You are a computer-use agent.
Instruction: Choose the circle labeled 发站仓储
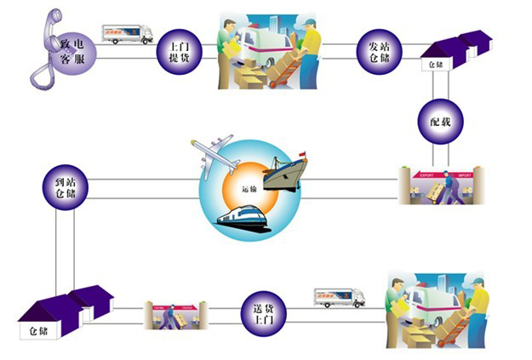pyautogui.click(x=379, y=52)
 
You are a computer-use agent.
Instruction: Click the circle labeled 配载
pyautogui.click(x=440, y=122)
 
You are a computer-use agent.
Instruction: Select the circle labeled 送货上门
pyautogui.click(x=264, y=311)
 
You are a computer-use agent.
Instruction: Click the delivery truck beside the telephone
pyautogui.click(x=128, y=33)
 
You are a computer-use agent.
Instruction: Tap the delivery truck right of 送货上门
pyautogui.click(x=340, y=296)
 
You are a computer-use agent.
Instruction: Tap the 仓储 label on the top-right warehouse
pyautogui.click(x=435, y=62)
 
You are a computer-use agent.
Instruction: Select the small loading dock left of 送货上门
pyautogui.click(x=174, y=314)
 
